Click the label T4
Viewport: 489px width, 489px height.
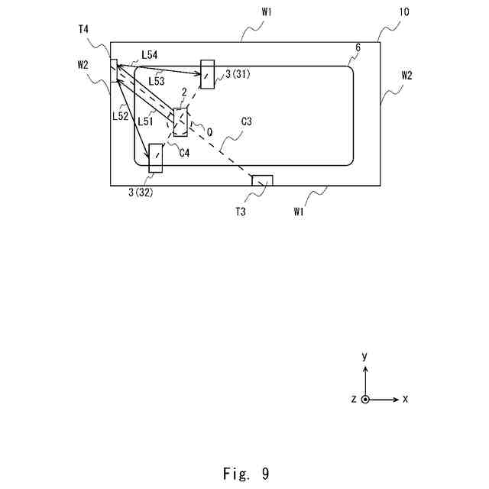pos(83,29)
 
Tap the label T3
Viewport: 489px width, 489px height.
pos(241,211)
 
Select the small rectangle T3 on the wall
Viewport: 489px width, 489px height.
pos(263,180)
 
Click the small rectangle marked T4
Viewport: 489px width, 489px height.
pos(114,70)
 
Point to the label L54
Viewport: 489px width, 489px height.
pos(150,57)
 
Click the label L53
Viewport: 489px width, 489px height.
pos(156,80)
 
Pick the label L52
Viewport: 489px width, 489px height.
pos(119,116)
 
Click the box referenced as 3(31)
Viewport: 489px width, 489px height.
pos(208,73)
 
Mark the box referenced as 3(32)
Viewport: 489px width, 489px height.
pos(156,157)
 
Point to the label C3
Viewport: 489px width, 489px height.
pos(247,121)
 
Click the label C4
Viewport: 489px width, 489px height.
pos(184,153)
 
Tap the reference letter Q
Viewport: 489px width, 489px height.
pos(209,131)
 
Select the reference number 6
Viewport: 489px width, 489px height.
pos(358,47)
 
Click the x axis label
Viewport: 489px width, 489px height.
pos(406,400)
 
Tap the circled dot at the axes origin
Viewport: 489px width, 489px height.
pos(365,400)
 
